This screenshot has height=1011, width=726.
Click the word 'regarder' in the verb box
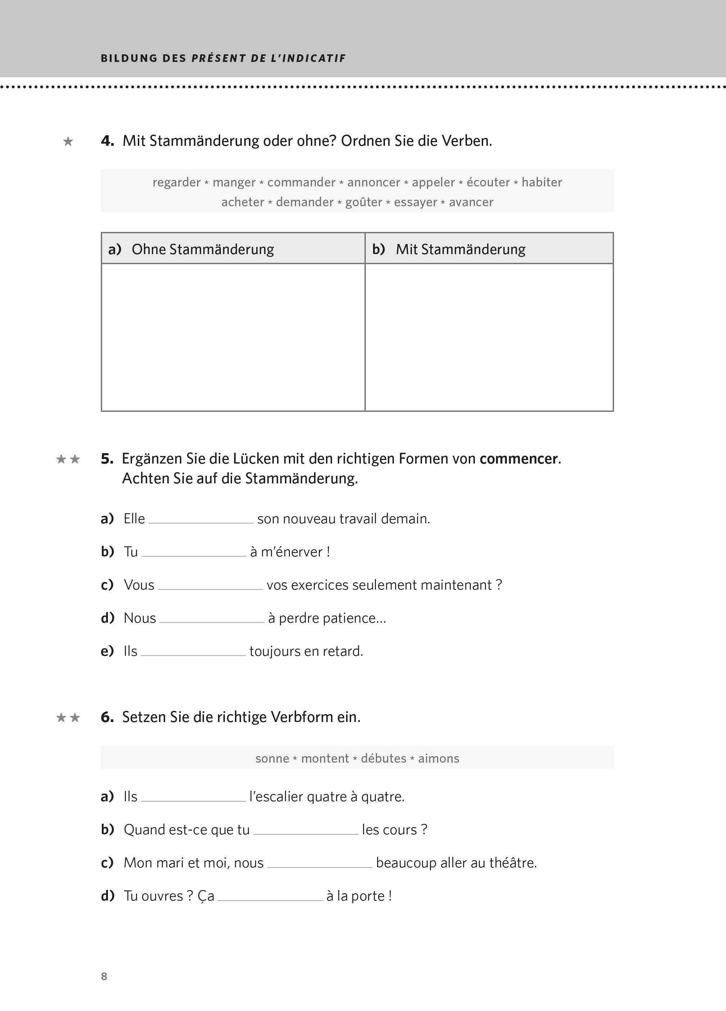click(177, 182)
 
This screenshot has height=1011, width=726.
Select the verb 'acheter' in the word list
click(242, 202)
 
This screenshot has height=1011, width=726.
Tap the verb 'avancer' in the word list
click(471, 202)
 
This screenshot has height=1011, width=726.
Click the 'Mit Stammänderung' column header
click(460, 249)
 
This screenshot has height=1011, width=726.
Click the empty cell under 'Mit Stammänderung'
click(489, 337)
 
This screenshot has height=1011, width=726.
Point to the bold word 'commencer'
click(518, 459)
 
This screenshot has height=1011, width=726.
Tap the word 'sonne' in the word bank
click(272, 759)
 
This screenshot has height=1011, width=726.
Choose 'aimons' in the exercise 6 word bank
click(438, 759)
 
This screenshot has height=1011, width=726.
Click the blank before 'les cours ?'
click(305, 830)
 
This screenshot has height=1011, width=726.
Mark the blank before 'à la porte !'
click(270, 897)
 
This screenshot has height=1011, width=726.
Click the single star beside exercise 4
click(68, 142)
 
